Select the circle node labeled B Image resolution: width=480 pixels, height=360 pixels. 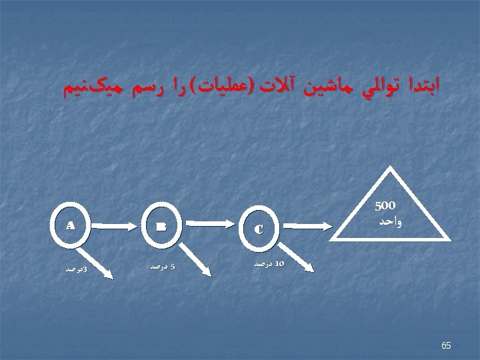pos(162,227)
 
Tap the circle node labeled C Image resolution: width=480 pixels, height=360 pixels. pos(258,228)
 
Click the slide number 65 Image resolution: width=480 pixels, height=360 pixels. pos(446,345)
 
